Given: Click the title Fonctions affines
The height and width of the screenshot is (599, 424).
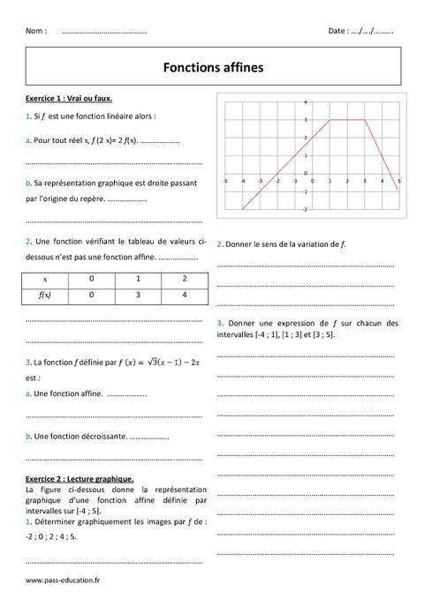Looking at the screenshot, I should click(213, 65).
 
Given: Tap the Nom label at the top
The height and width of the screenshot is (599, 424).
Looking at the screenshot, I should click(36, 31).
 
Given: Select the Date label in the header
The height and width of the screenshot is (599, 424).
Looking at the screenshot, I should click(337, 31).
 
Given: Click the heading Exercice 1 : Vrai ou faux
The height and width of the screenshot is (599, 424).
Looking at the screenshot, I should click(69, 99).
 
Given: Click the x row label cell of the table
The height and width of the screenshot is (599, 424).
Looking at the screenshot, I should click(44, 280).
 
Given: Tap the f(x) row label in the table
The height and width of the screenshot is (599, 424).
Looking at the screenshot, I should click(44, 297).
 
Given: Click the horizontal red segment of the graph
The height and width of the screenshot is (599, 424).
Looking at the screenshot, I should click(346, 119).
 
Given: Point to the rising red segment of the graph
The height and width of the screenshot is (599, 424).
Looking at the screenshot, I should click(286, 163).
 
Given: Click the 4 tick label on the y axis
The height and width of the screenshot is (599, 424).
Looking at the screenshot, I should click(306, 101).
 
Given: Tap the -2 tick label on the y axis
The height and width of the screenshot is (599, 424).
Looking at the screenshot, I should click(305, 210).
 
